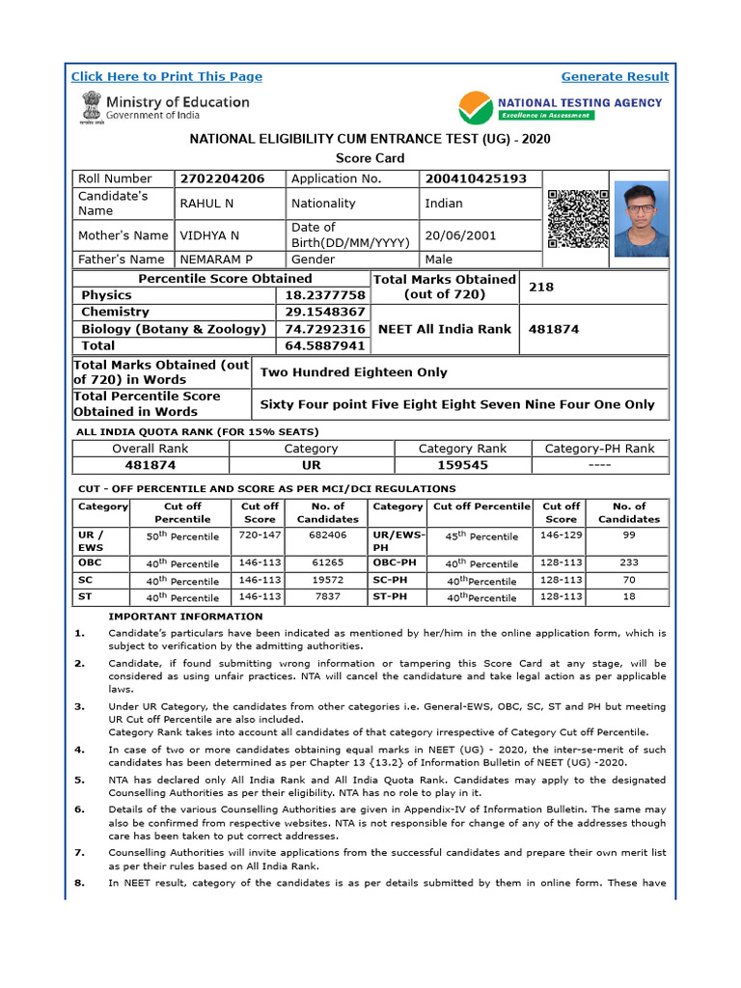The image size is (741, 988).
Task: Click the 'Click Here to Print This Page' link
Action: pos(167,77)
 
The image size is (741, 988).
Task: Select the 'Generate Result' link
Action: pos(615,77)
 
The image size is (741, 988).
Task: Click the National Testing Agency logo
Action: pos(560,107)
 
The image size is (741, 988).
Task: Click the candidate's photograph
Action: pos(640,218)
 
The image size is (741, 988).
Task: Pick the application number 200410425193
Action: pos(476,178)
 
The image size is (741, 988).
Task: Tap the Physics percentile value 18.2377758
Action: pos(324,295)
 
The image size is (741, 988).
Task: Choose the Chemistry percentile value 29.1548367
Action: pos(324,313)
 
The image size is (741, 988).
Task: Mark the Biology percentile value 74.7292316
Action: pos(324,329)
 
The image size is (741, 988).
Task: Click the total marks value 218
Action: pos(541,288)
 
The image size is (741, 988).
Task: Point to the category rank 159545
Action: pos(462,465)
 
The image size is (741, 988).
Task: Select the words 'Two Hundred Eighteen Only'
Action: pos(354,372)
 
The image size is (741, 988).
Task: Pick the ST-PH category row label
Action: pos(390,597)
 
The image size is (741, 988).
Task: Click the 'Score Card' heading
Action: pos(370,158)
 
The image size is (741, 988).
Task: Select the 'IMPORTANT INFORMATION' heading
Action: pos(185,617)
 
